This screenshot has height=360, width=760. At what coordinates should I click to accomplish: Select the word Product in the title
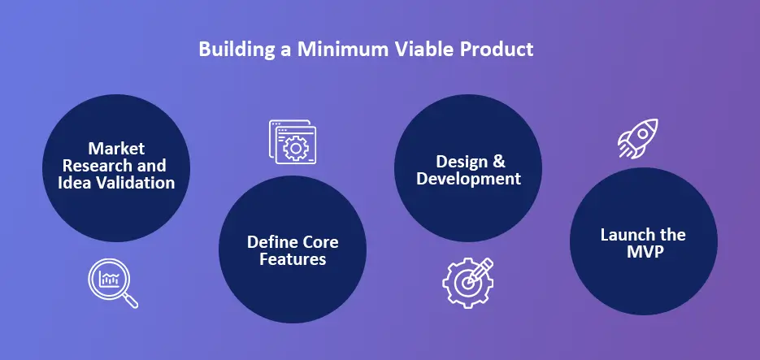click(x=497, y=50)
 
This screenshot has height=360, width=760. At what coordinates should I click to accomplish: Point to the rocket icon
click(x=638, y=137)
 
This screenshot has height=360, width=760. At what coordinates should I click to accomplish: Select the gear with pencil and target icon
click(x=467, y=281)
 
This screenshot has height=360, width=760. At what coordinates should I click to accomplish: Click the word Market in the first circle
click(x=116, y=149)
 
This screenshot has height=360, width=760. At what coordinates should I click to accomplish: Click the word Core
click(x=321, y=243)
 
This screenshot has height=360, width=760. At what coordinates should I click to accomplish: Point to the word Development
click(x=468, y=179)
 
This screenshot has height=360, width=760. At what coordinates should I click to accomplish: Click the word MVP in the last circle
click(x=643, y=252)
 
